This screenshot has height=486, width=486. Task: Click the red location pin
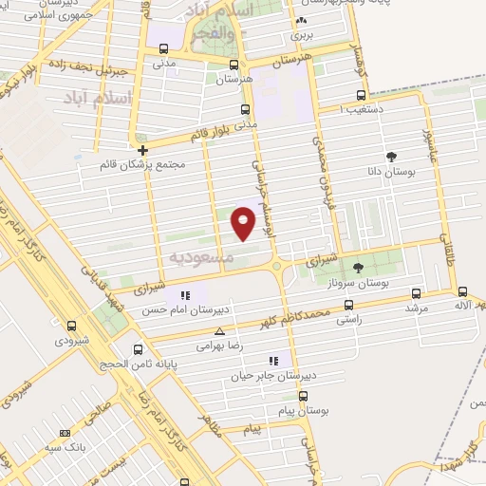(244, 223)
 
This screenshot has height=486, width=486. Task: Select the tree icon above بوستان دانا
(391, 157)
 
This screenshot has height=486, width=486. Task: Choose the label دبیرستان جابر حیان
(271, 376)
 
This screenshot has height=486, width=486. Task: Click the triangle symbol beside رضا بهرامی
(220, 332)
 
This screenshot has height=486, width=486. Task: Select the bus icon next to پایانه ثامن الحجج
(139, 349)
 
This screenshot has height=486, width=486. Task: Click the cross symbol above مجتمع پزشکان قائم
(142, 150)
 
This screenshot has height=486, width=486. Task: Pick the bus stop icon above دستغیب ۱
(360, 95)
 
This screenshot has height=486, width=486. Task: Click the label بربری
(301, 35)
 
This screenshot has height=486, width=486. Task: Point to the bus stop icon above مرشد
(415, 294)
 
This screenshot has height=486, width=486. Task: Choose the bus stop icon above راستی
(348, 305)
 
